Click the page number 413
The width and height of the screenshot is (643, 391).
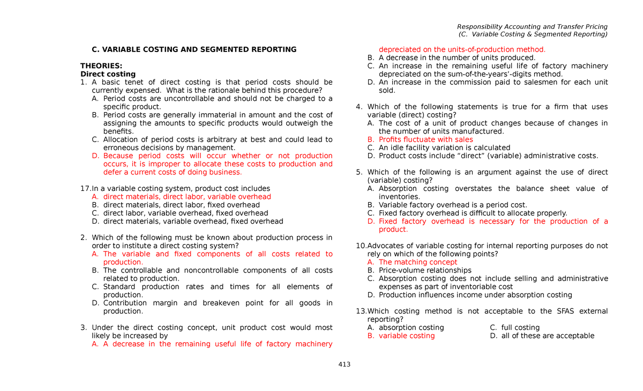coord(344,365)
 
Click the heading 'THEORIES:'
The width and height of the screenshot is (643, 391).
coord(101,66)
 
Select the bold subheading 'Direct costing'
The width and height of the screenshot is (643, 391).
coord(108,74)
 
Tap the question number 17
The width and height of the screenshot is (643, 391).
coord(85,189)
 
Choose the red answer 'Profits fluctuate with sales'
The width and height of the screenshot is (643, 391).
coord(425,139)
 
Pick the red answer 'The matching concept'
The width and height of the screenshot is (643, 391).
coord(418,262)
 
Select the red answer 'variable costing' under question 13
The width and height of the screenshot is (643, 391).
coord(407,336)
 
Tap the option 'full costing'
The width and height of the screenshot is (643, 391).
coord(520,328)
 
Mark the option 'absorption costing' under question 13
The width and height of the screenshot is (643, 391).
coord(411,328)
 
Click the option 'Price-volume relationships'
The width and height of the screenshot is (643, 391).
coord(425,270)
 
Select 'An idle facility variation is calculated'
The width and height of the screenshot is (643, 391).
coord(444,147)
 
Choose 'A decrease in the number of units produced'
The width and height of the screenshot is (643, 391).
coord(457,58)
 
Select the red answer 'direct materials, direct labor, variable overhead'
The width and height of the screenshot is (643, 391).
coord(187,197)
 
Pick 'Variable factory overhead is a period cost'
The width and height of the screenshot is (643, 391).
coord(453,205)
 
